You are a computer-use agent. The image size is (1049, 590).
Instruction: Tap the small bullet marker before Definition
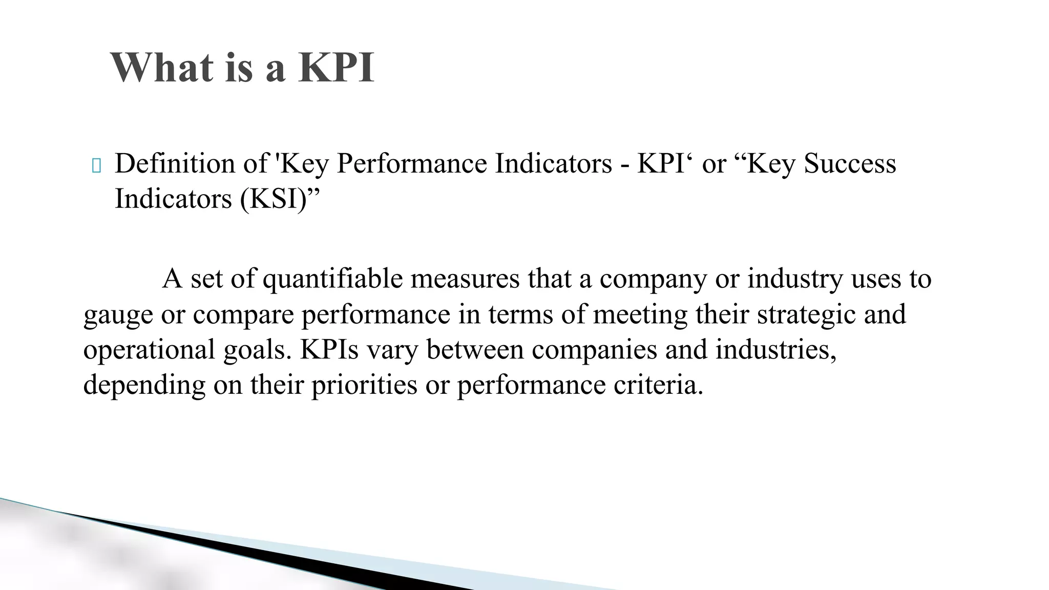(x=96, y=165)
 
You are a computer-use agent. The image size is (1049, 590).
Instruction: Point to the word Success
(x=850, y=163)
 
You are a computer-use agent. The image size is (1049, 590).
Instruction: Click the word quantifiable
(x=333, y=280)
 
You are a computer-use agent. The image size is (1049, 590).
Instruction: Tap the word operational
(x=149, y=350)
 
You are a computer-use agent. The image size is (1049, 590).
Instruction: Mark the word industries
(x=776, y=349)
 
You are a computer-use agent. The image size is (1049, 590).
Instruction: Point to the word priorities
(x=364, y=385)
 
